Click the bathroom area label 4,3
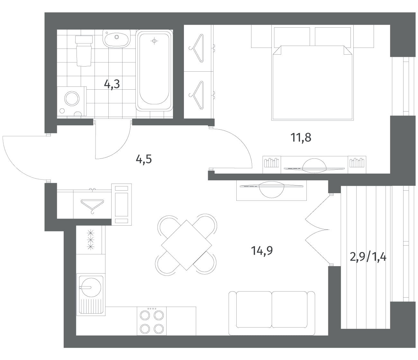coord(112,84)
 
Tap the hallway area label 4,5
coord(144,159)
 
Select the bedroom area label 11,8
coord(301,138)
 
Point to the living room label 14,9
coord(262,250)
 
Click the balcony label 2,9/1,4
coord(368,257)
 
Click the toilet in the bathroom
coord(84,51)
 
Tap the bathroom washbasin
coord(116,39)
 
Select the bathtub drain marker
coord(154,41)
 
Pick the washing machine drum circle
coord(72,99)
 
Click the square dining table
coord(186,245)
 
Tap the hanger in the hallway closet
coord(92,206)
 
